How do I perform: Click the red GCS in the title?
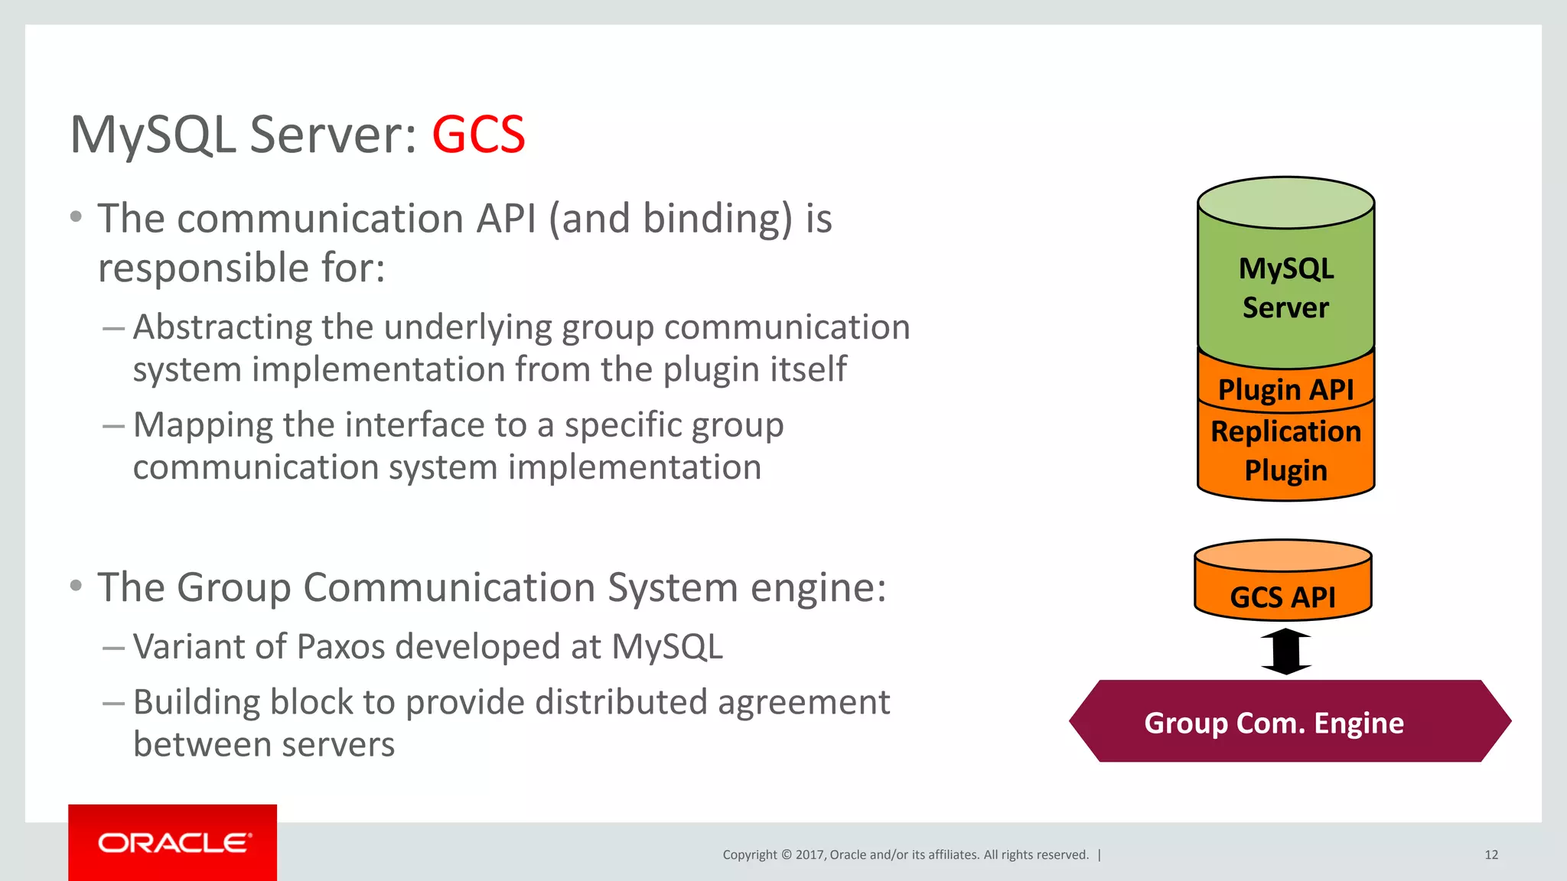[x=478, y=135]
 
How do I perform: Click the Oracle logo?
[x=174, y=843]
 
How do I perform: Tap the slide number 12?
[x=1490, y=855]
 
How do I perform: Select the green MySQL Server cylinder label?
[x=1285, y=288]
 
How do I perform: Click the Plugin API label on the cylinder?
[x=1285, y=390]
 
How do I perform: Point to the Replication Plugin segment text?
[x=1285, y=451]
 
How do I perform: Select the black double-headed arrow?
[x=1286, y=652]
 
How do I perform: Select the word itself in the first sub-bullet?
[x=809, y=369]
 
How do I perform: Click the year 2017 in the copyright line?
[x=809, y=855]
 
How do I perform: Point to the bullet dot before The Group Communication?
[x=76, y=587]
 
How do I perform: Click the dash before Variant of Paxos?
[x=113, y=648]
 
